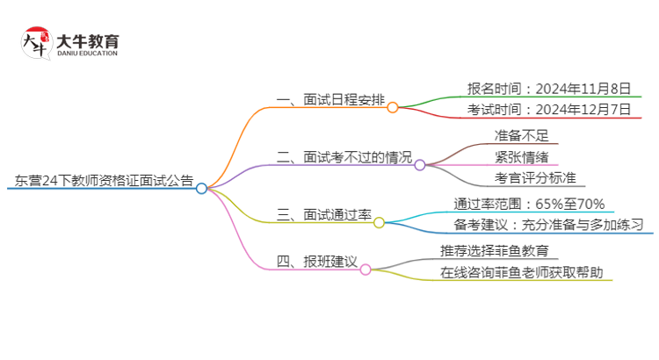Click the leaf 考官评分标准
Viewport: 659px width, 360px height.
point(533,178)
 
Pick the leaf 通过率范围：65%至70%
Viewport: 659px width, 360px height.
point(529,204)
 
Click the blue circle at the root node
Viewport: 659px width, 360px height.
point(201,188)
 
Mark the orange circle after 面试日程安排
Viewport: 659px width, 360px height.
point(393,107)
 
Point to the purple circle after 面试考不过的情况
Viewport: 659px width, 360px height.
point(420,165)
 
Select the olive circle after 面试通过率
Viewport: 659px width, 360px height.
point(380,223)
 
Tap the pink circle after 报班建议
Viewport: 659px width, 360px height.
point(366,270)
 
